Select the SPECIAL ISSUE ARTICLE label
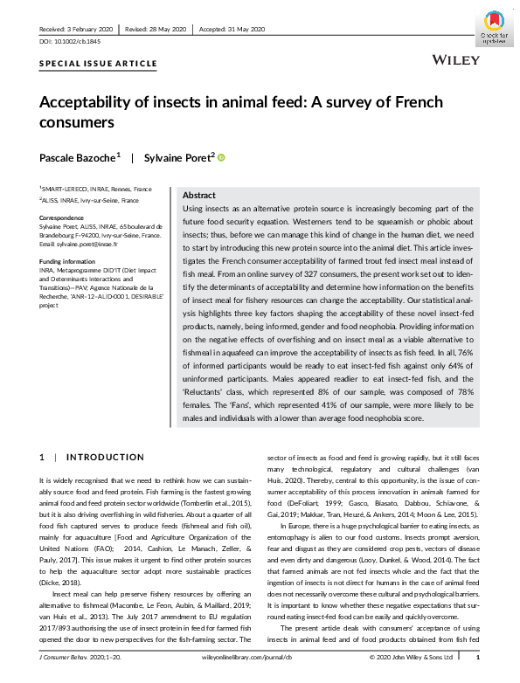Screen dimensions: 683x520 point(99,64)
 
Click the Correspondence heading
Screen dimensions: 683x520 point(61,217)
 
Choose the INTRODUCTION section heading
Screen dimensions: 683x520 point(106,457)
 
